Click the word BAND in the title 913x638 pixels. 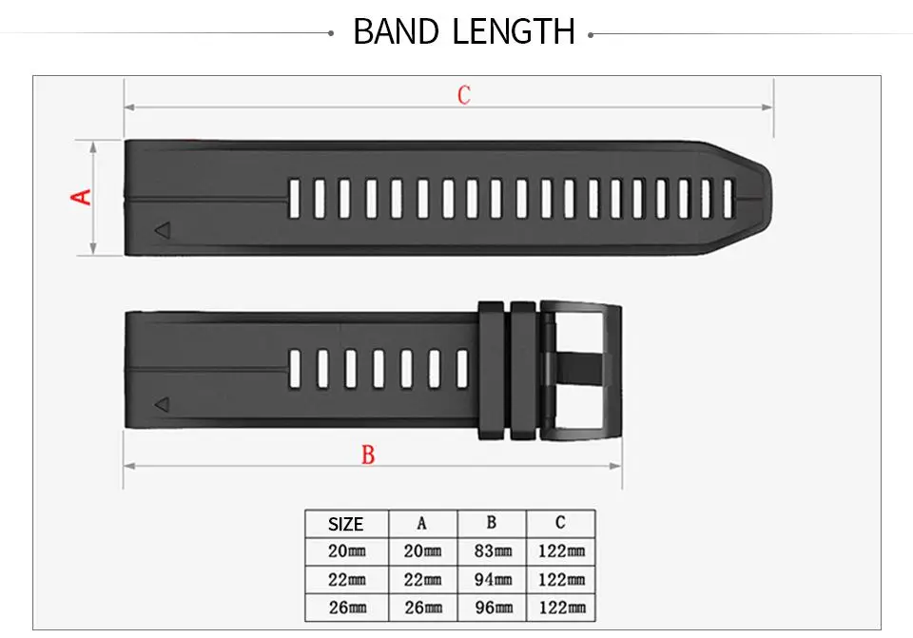tap(396, 31)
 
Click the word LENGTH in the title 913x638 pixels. tap(514, 31)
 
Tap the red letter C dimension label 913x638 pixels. tap(463, 95)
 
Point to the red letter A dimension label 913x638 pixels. tap(81, 197)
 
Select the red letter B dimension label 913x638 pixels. tap(368, 454)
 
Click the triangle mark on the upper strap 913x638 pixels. tap(163, 230)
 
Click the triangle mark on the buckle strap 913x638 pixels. tap(163, 404)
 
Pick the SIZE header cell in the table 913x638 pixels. tap(346, 524)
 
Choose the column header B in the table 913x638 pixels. tap(492, 523)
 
